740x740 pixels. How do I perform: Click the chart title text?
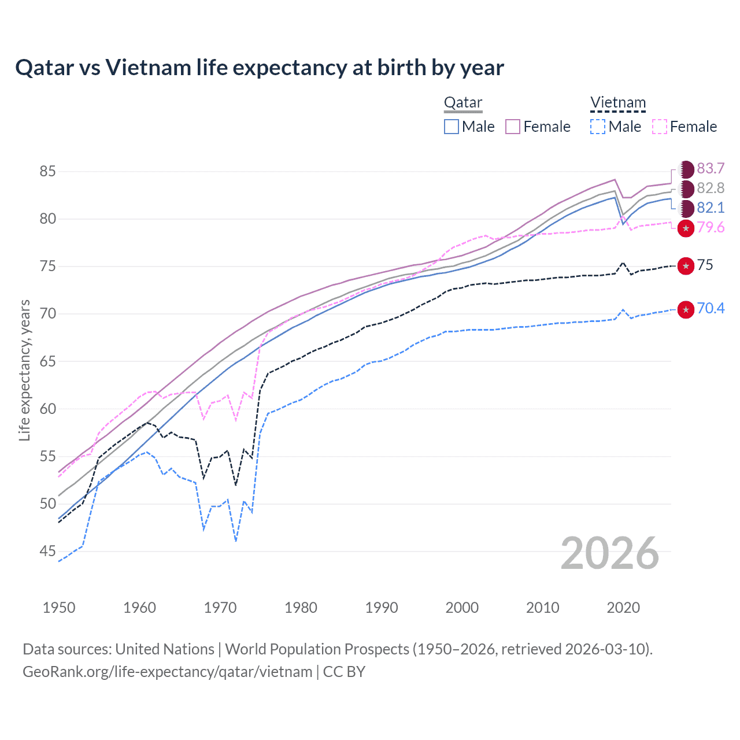(x=260, y=68)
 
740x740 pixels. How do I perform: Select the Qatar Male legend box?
(x=452, y=127)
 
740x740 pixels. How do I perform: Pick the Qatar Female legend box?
(x=513, y=127)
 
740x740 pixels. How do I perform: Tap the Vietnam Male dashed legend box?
(x=598, y=127)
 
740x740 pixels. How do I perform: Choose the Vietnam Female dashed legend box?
(x=659, y=127)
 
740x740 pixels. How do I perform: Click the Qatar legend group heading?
(x=462, y=103)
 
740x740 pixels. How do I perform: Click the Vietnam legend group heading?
(x=617, y=103)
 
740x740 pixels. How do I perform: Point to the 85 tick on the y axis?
(x=47, y=171)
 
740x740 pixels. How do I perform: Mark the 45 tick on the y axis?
(x=47, y=552)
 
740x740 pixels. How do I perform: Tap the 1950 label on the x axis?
(x=59, y=608)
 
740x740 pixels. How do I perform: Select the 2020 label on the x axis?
(x=623, y=608)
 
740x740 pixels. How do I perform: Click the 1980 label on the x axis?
(x=301, y=608)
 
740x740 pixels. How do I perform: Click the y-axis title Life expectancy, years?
(x=24, y=370)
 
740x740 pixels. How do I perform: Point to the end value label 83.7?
(x=711, y=168)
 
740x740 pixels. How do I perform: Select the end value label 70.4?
(x=711, y=308)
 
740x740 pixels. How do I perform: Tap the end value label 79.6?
(x=711, y=227)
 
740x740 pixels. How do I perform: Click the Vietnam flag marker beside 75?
(x=686, y=266)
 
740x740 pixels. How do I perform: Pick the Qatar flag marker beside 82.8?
(x=686, y=188)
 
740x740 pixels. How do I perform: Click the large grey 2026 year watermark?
(x=610, y=553)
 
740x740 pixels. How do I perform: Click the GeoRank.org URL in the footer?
(x=168, y=672)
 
